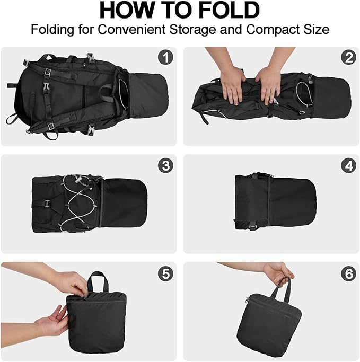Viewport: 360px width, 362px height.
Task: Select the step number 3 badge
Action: (x=165, y=165)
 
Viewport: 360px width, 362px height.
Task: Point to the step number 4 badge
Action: (x=348, y=165)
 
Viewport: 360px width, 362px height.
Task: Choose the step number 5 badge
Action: (x=165, y=273)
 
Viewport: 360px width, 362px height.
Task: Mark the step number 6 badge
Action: (x=348, y=273)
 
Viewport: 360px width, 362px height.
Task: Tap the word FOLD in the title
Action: (x=228, y=11)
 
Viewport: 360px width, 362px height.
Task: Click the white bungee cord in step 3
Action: (x=77, y=204)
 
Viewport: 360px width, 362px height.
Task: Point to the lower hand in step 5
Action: (x=52, y=320)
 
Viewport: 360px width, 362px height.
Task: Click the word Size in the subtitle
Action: (x=317, y=29)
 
